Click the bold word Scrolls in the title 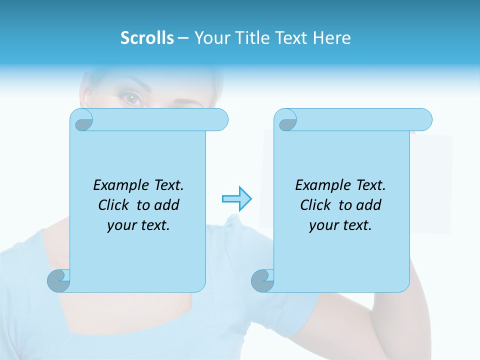pyautogui.click(x=147, y=38)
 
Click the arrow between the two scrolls pyautogui.click(x=236, y=199)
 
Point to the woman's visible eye pyautogui.click(x=132, y=98)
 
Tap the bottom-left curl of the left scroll pyautogui.click(x=59, y=281)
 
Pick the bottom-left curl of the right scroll pyautogui.click(x=262, y=281)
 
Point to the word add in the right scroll pyautogui.click(x=368, y=205)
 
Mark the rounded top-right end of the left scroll pyautogui.click(x=220, y=119)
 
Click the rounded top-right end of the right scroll pyautogui.click(x=424, y=119)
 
